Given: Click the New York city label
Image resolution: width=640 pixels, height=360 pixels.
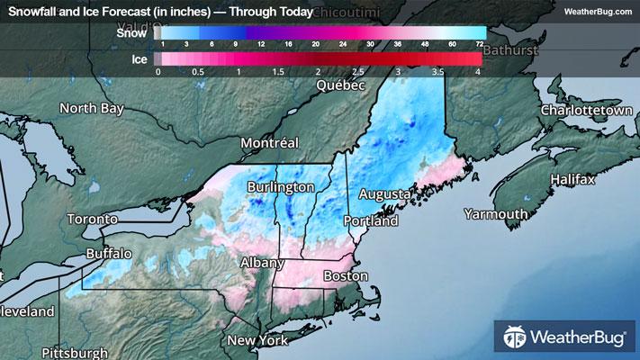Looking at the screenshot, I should [x=257, y=340].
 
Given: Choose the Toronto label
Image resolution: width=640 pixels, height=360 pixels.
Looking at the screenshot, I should [x=92, y=219].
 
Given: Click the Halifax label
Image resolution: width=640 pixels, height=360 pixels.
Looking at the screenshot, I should [x=573, y=180].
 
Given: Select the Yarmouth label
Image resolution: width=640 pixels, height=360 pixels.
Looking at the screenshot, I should [x=496, y=214].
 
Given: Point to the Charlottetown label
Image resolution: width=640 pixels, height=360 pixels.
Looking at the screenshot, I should [x=581, y=110].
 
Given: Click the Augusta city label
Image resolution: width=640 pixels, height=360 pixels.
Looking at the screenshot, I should [x=385, y=194].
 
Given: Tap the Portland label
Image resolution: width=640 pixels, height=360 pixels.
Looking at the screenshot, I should [x=370, y=220].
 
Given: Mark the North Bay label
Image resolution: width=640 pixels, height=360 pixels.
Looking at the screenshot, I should [x=91, y=108].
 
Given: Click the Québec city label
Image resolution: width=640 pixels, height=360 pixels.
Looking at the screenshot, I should [x=340, y=85].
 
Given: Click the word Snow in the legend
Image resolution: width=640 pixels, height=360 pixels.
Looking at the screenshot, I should [x=131, y=32].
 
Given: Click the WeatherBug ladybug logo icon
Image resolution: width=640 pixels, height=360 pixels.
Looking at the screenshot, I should [x=516, y=338].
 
